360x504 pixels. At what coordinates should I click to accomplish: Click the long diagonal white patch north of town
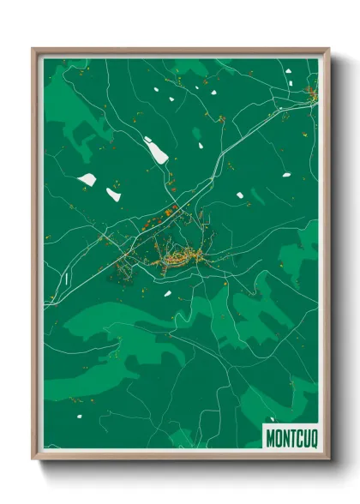point(158,152)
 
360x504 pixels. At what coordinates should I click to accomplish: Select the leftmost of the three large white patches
point(87,179)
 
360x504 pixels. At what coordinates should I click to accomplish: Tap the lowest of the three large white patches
point(113,195)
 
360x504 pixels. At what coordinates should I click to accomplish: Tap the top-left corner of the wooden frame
point(33,50)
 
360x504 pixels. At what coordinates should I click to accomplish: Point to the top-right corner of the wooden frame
point(328,50)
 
